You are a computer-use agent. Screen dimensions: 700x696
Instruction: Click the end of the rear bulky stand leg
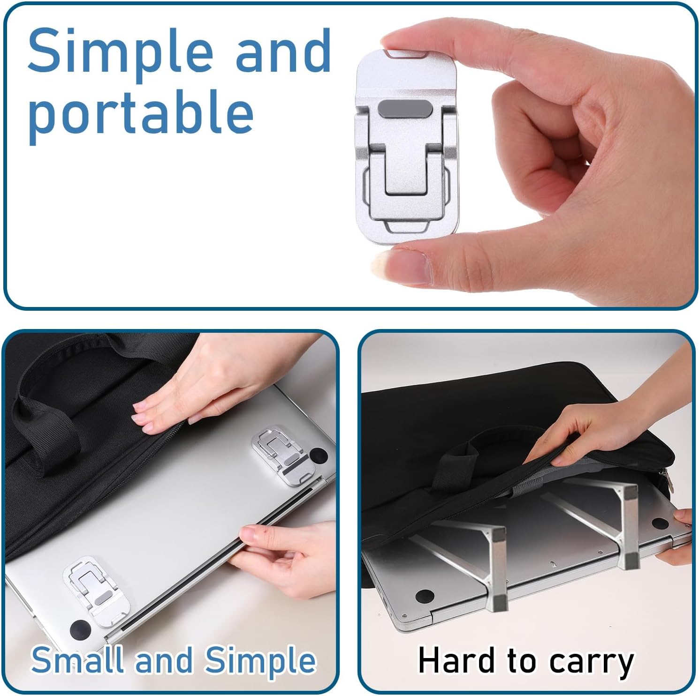pos(629,560)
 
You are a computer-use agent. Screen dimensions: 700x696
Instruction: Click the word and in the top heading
pos(283,51)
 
